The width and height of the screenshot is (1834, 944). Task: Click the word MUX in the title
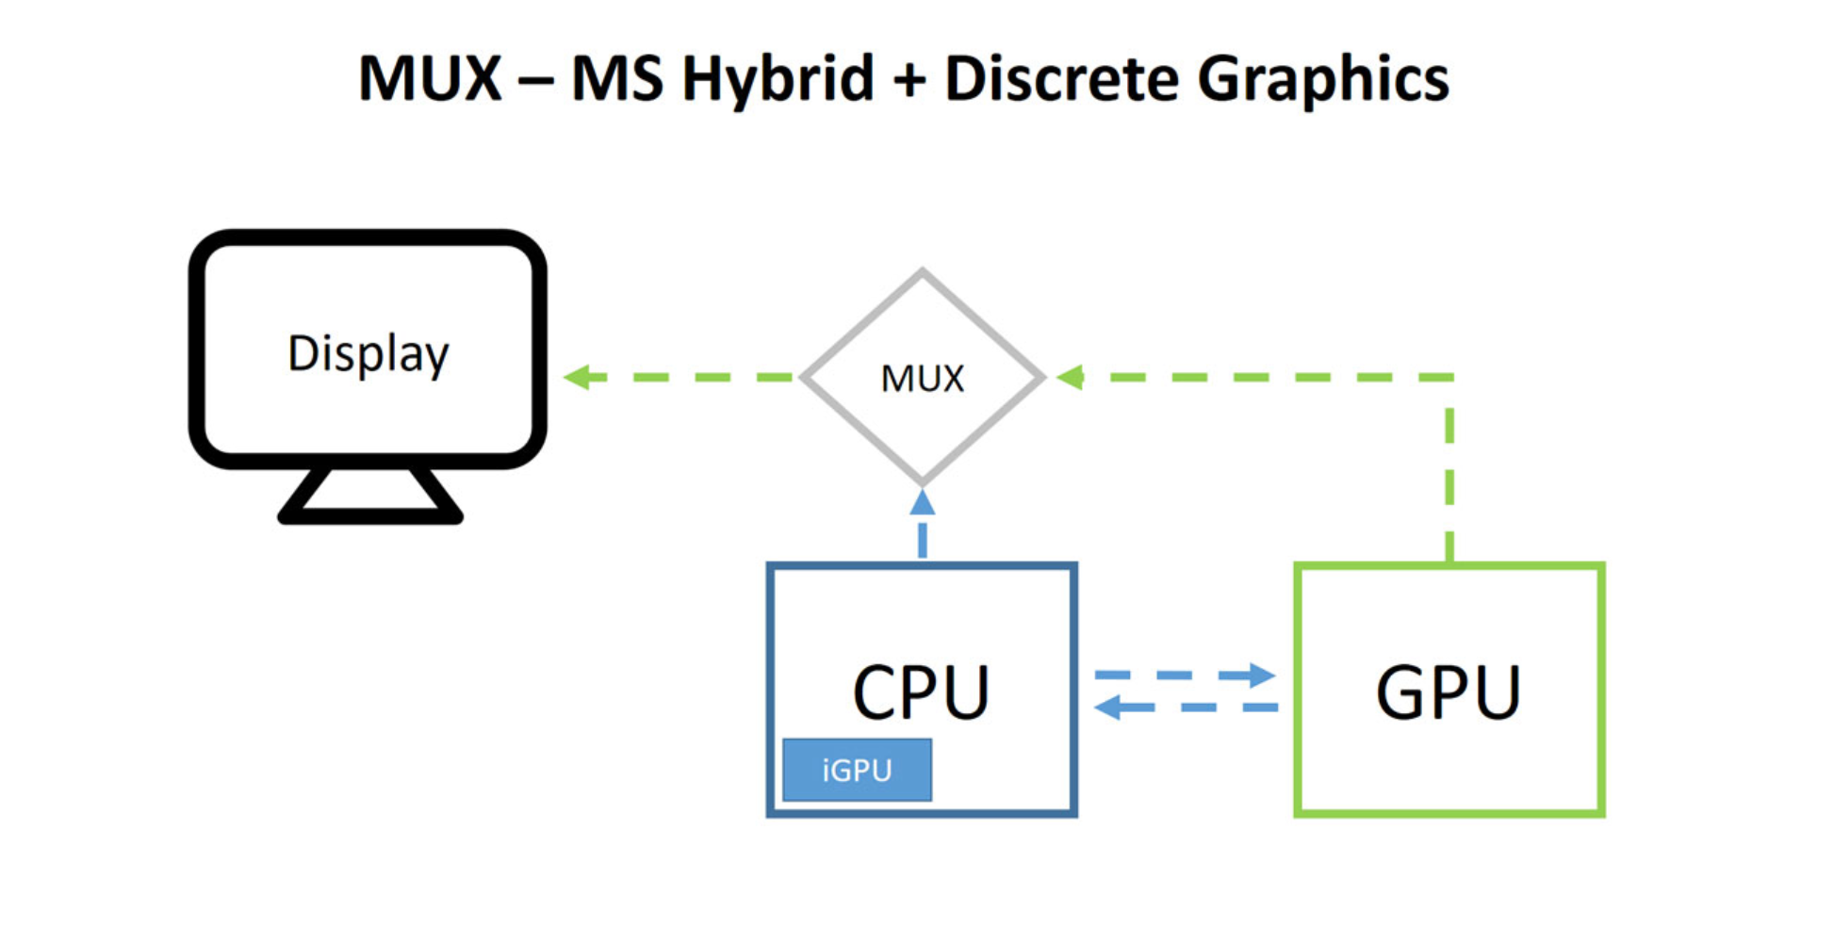click(430, 78)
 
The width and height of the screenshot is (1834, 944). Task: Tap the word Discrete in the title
click(1061, 78)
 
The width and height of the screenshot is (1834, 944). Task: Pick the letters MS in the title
click(618, 78)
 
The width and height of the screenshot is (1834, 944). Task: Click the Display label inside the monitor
click(368, 354)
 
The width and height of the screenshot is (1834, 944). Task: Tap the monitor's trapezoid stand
click(370, 496)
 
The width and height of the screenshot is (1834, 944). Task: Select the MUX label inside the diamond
click(922, 379)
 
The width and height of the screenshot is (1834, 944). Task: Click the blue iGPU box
click(857, 770)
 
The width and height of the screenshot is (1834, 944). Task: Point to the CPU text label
click(921, 693)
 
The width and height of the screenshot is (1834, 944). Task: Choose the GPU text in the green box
click(1448, 693)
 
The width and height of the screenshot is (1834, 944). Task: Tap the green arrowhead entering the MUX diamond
click(1071, 377)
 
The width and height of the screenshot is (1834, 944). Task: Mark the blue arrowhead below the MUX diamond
click(923, 503)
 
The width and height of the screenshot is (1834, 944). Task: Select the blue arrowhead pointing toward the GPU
click(1260, 675)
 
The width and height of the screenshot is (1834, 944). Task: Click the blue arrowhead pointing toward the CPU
click(1109, 707)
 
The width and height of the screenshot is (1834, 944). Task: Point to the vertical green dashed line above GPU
click(1449, 471)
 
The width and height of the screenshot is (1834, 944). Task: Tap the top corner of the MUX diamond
click(923, 272)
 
